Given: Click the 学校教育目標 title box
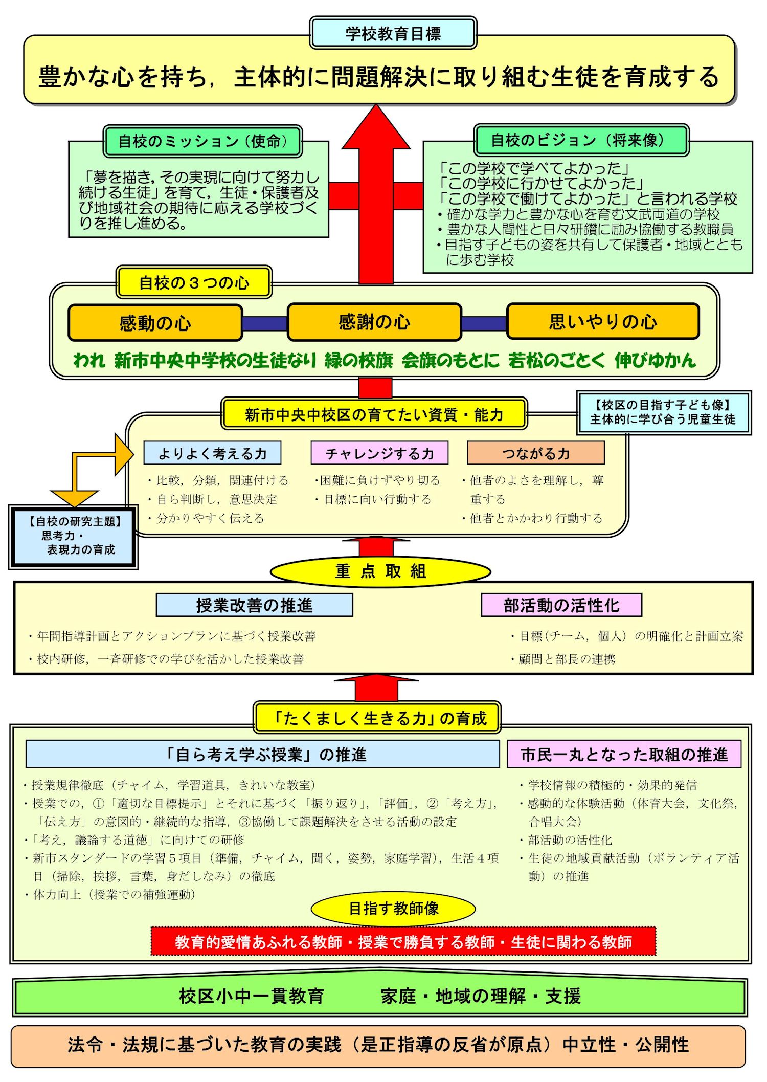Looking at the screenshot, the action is pyautogui.click(x=393, y=33).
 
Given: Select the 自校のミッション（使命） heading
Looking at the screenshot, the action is pyautogui.click(x=202, y=141).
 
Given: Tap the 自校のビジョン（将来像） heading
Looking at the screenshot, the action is pyautogui.click(x=581, y=140).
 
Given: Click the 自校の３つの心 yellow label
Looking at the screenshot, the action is pyautogui.click(x=194, y=282).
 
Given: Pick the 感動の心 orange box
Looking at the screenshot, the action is pyautogui.click(x=155, y=323).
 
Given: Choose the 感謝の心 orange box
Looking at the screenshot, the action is pyautogui.click(x=374, y=322).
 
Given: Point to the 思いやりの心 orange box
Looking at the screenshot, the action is pyautogui.click(x=603, y=321).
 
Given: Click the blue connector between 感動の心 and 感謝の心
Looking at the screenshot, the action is pyautogui.click(x=265, y=323).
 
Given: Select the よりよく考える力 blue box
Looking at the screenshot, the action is pyautogui.click(x=212, y=453).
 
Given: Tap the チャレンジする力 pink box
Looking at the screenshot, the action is pyautogui.click(x=379, y=453).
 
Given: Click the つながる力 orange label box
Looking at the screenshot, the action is pyautogui.click(x=536, y=453).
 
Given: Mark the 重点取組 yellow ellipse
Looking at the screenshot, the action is pyautogui.click(x=380, y=571).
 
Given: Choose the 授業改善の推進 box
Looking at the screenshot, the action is pyautogui.click(x=254, y=605).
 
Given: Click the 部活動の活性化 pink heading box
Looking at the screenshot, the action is pyautogui.click(x=561, y=605).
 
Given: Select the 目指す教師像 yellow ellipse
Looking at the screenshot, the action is pyautogui.click(x=393, y=909).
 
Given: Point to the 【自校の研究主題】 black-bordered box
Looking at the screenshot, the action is pyautogui.click(x=74, y=537).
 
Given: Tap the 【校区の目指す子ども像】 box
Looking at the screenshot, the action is pyautogui.click(x=664, y=412).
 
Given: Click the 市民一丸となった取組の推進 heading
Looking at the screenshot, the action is pyautogui.click(x=624, y=754).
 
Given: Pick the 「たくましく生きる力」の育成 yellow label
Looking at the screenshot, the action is pyautogui.click(x=377, y=718).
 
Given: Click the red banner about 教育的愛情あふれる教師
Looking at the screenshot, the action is pyautogui.click(x=403, y=942).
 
